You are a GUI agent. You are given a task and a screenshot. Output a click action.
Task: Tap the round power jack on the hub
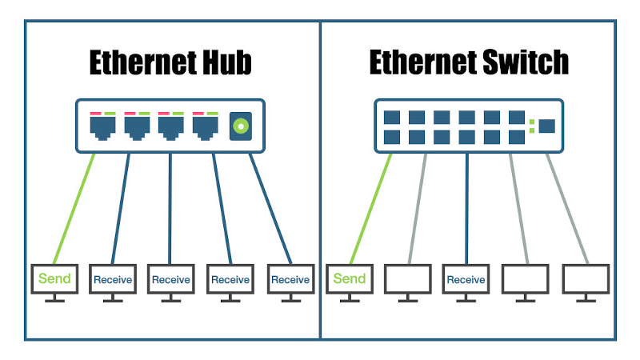point(238,126)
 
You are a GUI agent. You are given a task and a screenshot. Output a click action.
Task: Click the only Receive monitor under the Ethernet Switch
point(466,279)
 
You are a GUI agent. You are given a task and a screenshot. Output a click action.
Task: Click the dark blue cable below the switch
point(466,208)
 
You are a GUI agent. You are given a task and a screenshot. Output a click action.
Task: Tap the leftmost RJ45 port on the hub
point(102,126)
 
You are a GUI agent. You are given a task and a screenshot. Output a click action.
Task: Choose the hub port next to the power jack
point(206,126)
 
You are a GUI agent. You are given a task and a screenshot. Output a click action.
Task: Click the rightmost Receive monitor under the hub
point(290,279)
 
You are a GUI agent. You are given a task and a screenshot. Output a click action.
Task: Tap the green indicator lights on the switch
point(531,126)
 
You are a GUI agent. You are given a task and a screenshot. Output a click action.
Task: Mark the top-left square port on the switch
point(392,118)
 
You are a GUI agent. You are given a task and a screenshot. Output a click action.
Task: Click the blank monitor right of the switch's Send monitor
point(408,279)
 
